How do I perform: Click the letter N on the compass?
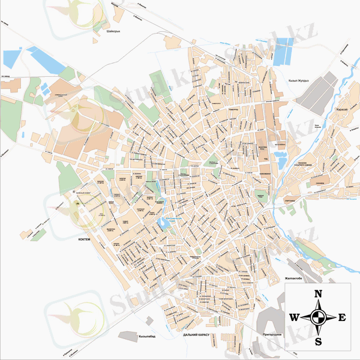point(319,294)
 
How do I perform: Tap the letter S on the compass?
point(319,341)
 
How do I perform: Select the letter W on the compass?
point(295,317)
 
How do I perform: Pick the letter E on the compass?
point(342,317)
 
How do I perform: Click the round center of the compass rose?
point(319,317)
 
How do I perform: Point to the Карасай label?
point(341,110)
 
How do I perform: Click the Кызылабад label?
point(147,337)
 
